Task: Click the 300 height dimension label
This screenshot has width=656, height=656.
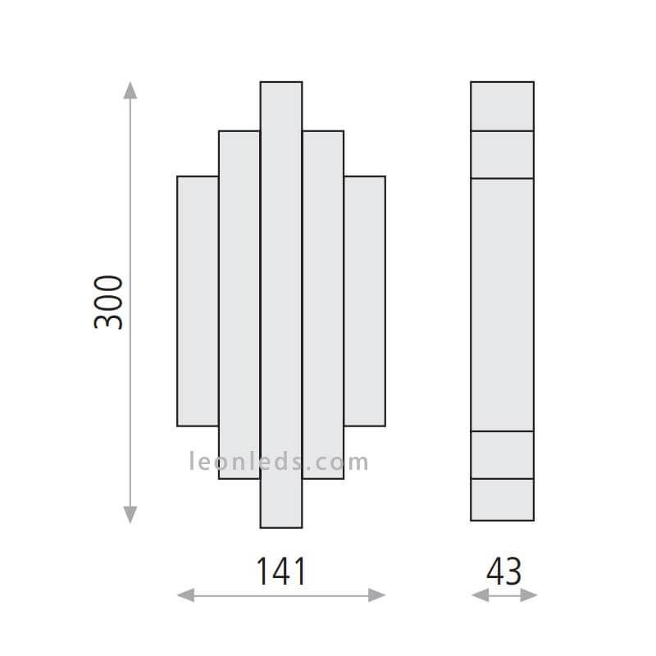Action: coord(108,303)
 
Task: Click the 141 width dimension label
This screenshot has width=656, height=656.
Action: coord(280,571)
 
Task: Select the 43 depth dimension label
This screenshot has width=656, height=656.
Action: coord(503,571)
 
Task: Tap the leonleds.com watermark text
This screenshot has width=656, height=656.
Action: coord(279,462)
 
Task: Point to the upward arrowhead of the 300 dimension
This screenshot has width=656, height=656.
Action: coord(130,90)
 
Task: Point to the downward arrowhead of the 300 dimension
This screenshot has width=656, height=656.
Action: coord(130,515)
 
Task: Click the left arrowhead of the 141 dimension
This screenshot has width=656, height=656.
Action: coord(186,595)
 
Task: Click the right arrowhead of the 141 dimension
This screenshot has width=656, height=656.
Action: coord(376,595)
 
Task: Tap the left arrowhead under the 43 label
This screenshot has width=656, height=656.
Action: coord(481,595)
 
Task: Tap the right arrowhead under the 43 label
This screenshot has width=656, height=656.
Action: coord(529,595)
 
